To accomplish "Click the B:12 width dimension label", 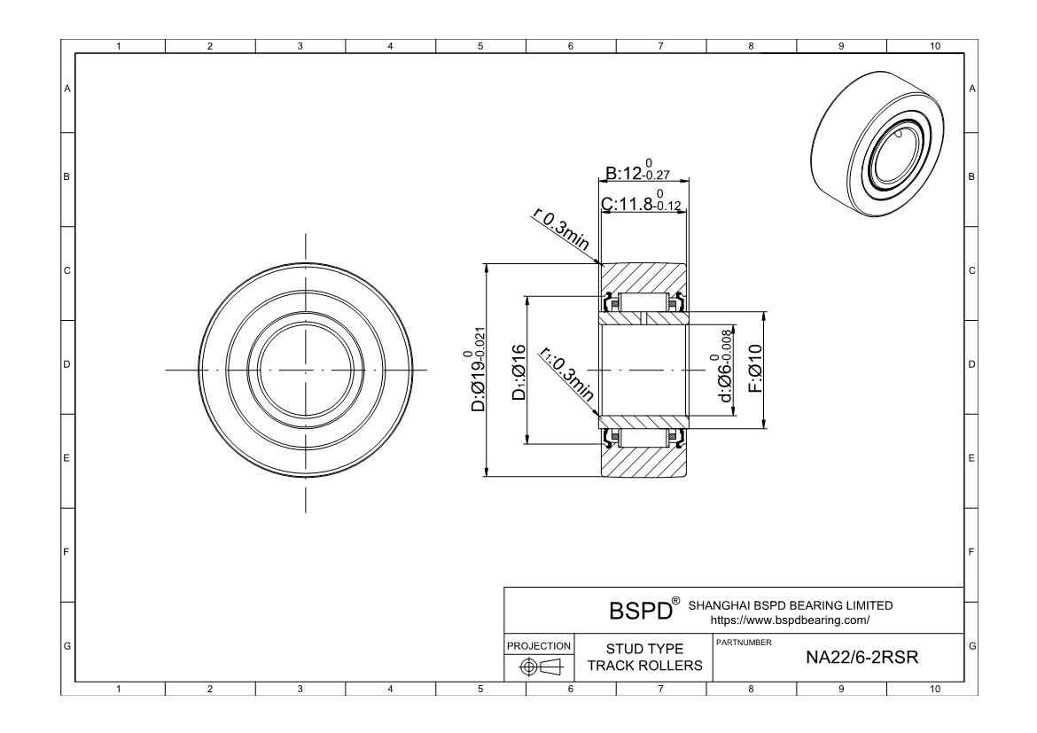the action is click(637, 170).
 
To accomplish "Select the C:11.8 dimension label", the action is click(641, 200).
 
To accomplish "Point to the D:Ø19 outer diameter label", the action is click(478, 369).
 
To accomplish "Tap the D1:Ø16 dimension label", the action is click(519, 372).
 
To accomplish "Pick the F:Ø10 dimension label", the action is click(755, 369).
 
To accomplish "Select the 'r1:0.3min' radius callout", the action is click(566, 374).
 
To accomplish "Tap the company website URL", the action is click(790, 620).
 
